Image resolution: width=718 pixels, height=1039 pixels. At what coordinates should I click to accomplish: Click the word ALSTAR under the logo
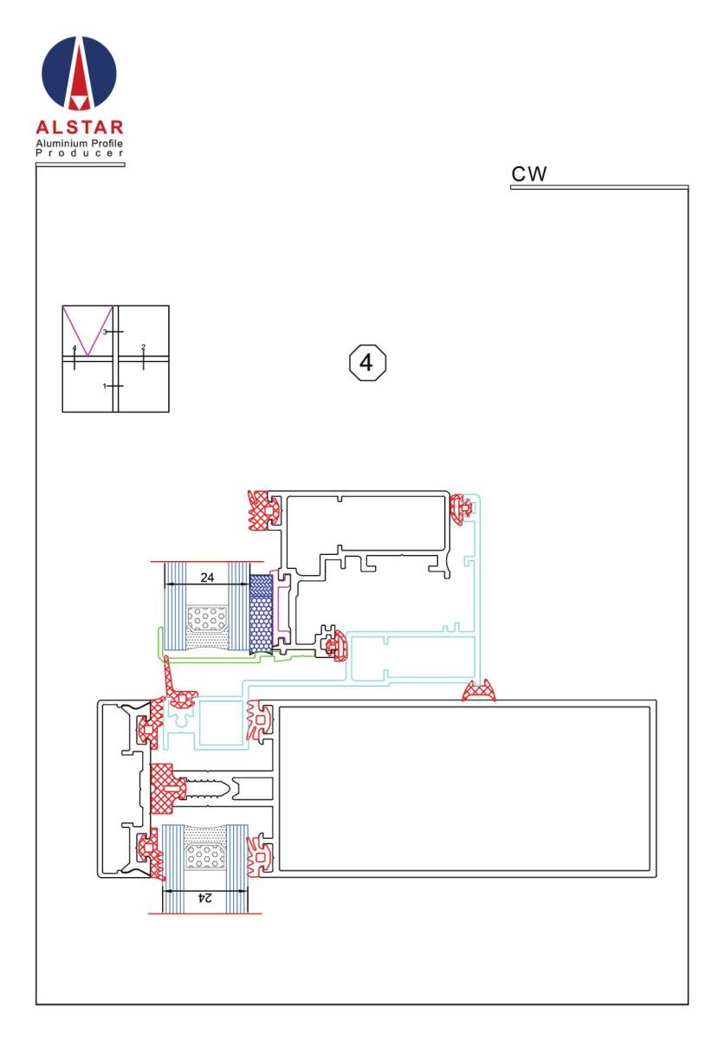point(80,127)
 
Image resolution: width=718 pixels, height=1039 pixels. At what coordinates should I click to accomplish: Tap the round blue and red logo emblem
point(79,73)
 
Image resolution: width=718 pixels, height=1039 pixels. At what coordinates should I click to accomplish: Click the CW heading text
point(528,174)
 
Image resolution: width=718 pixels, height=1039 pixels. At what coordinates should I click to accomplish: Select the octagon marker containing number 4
point(367,363)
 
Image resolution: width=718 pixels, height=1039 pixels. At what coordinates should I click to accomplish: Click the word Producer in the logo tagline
point(80,153)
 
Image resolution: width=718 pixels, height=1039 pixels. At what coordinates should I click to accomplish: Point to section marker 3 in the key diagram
point(105,332)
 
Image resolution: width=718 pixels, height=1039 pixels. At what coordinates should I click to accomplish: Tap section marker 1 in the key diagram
point(105,386)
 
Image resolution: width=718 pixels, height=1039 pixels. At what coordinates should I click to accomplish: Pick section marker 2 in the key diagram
point(144,347)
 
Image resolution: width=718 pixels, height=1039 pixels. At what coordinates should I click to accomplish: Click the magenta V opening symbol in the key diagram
point(87,331)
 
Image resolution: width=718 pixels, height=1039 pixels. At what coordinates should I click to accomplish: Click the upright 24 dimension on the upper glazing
point(207,578)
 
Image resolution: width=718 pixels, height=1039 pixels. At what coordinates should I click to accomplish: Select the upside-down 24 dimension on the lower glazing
point(204,898)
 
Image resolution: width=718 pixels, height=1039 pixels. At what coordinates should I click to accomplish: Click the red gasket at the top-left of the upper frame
point(264,510)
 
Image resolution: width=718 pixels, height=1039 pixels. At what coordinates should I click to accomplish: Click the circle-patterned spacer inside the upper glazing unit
point(207,618)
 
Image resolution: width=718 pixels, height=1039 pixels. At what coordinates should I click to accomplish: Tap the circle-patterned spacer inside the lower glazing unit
point(204,855)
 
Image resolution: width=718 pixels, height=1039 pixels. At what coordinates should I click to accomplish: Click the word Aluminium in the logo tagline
point(61,143)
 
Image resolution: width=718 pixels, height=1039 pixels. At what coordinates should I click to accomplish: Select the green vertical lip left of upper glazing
point(161,642)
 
